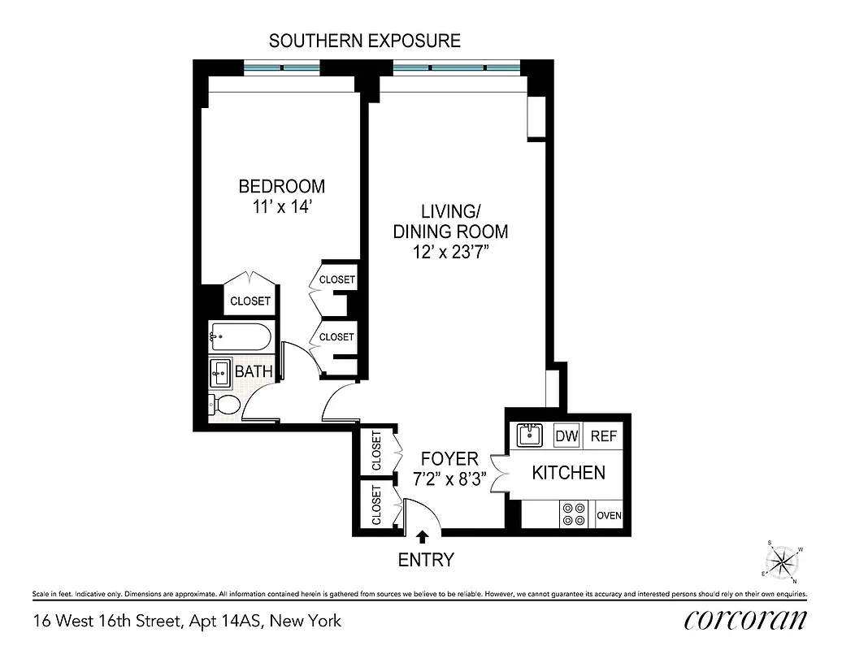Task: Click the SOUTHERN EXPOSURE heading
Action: click(x=365, y=40)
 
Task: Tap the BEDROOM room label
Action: click(x=281, y=186)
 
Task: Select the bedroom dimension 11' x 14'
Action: click(x=281, y=207)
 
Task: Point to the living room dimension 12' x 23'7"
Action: click(x=450, y=253)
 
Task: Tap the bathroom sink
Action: click(x=220, y=373)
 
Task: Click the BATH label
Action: click(x=253, y=372)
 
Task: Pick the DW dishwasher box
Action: click(x=566, y=436)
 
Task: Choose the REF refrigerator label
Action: click(x=604, y=436)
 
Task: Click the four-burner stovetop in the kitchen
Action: click(x=575, y=515)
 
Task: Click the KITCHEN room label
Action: click(x=568, y=472)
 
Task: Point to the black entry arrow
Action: click(x=422, y=537)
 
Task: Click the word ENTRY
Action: click(x=425, y=560)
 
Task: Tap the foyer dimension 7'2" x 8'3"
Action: click(x=450, y=479)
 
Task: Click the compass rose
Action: click(x=783, y=561)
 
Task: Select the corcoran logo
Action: click(x=745, y=619)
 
